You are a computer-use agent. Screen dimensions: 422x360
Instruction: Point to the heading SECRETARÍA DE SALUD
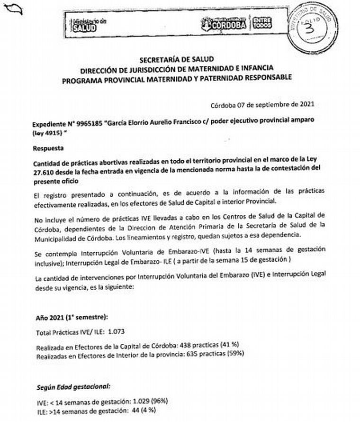click(x=177, y=60)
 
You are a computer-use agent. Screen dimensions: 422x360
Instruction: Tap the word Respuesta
click(x=47, y=148)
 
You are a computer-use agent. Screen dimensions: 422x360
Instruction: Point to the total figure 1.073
click(x=116, y=331)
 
